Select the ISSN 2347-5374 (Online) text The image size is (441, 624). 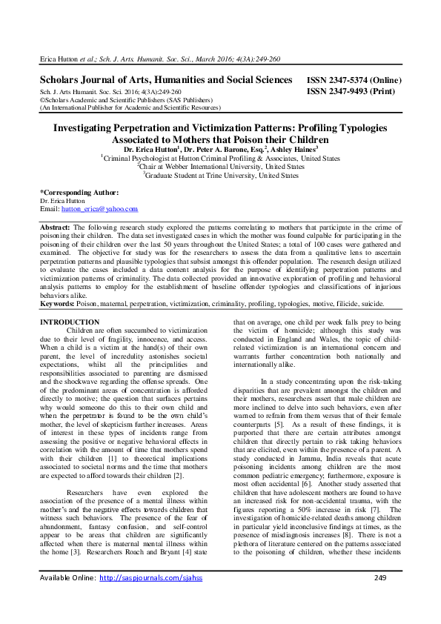pyautogui.click(x=354, y=80)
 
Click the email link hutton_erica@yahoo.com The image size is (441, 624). pyautogui.click(x=99, y=209)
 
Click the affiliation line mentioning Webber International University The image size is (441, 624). pyautogui.click(x=220, y=167)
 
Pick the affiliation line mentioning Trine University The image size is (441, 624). pyautogui.click(x=222, y=176)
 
